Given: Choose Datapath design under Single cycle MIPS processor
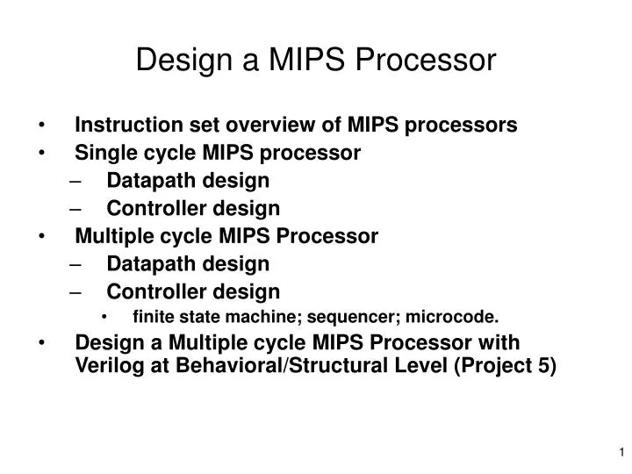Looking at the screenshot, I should [x=188, y=181].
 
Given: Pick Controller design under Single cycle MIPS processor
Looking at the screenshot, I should [x=193, y=208].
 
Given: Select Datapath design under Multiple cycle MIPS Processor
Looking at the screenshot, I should [x=188, y=263].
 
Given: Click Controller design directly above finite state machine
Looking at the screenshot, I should [x=193, y=291].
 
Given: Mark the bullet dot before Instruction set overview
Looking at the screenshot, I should [x=44, y=126].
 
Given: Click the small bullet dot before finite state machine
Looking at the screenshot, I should [x=106, y=318].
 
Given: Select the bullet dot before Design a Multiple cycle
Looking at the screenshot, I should [x=44, y=343].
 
